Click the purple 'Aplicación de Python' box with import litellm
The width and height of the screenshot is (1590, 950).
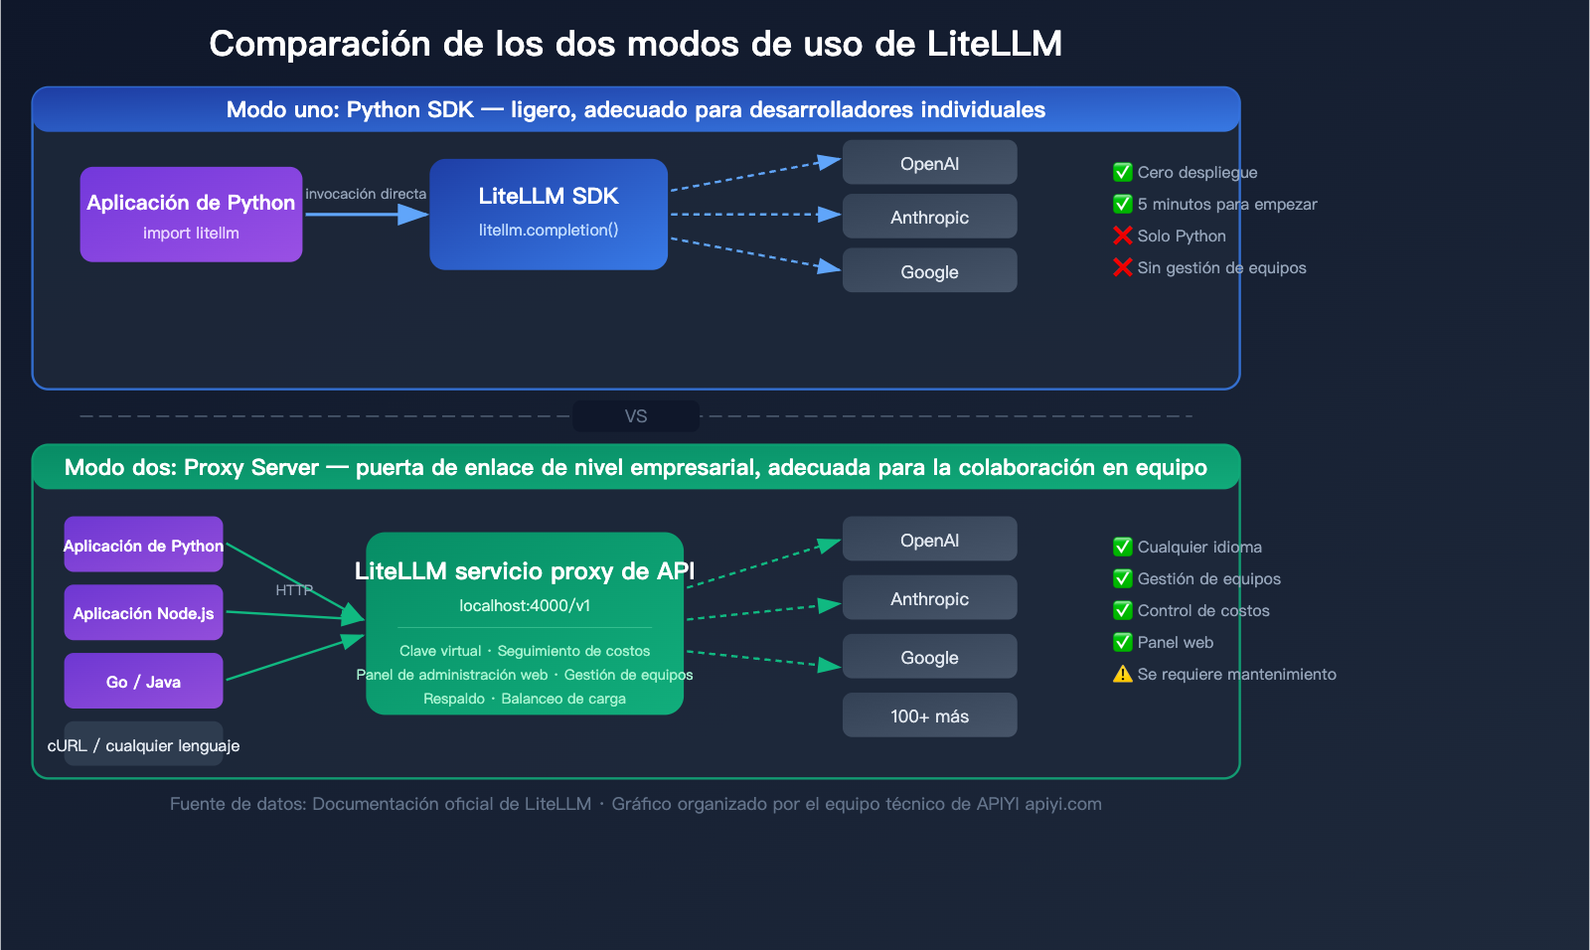pos(191,215)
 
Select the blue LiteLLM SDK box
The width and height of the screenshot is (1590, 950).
pos(549,215)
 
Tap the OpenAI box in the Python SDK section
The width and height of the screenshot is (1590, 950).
pos(929,163)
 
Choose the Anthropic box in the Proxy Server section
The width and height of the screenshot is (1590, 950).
pos(929,598)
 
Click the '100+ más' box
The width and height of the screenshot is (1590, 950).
pos(929,715)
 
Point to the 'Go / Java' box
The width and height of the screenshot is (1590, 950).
pos(143,682)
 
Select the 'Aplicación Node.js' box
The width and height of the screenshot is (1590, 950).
pos(143,613)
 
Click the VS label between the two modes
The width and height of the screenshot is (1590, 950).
pos(636,416)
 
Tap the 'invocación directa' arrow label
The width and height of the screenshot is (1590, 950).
pos(366,194)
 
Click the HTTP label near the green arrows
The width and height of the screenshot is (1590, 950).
pos(294,590)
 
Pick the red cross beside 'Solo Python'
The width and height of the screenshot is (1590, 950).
pos(1123,236)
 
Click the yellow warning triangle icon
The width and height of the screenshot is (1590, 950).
pos(1123,674)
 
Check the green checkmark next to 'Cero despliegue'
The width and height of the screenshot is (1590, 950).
pos(1123,172)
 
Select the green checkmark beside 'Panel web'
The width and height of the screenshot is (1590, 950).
pos(1123,642)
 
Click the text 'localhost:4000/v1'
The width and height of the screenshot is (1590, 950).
pos(525,605)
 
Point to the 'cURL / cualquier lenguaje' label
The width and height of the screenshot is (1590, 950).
pos(143,745)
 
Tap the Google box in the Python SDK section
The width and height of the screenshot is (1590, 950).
pos(929,271)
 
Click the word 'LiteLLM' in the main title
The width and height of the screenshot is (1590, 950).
pos(994,44)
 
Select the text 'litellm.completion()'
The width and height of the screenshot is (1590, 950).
pos(549,230)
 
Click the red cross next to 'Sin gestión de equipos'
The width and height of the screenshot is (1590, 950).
pos(1123,267)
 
